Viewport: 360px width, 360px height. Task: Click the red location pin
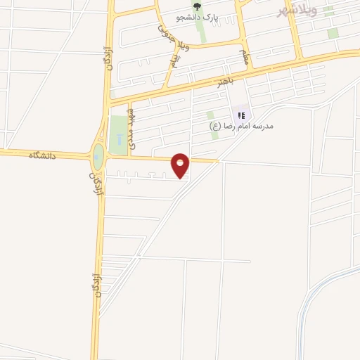click(x=181, y=165)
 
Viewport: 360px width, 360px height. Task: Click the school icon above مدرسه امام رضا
click(x=241, y=115)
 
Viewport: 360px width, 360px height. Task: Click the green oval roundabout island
click(x=98, y=156)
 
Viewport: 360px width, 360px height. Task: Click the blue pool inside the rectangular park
click(x=119, y=138)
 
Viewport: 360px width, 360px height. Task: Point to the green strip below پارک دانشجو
click(x=201, y=29)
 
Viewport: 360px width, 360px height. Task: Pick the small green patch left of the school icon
click(x=211, y=115)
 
